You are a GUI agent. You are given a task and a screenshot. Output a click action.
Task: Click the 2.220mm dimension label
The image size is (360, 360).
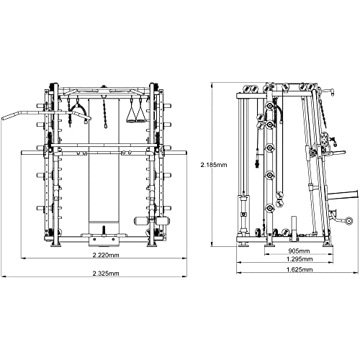[106, 255]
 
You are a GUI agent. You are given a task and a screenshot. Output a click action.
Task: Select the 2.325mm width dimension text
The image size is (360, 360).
[106, 273]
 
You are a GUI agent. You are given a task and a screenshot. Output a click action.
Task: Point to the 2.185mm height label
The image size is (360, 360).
[214, 165]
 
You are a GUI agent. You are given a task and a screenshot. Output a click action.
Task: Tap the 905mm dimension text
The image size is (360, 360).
[299, 251]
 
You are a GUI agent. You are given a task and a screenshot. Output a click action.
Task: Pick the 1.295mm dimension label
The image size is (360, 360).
[300, 259]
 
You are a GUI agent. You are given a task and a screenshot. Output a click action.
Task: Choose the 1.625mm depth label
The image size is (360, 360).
[300, 269]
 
